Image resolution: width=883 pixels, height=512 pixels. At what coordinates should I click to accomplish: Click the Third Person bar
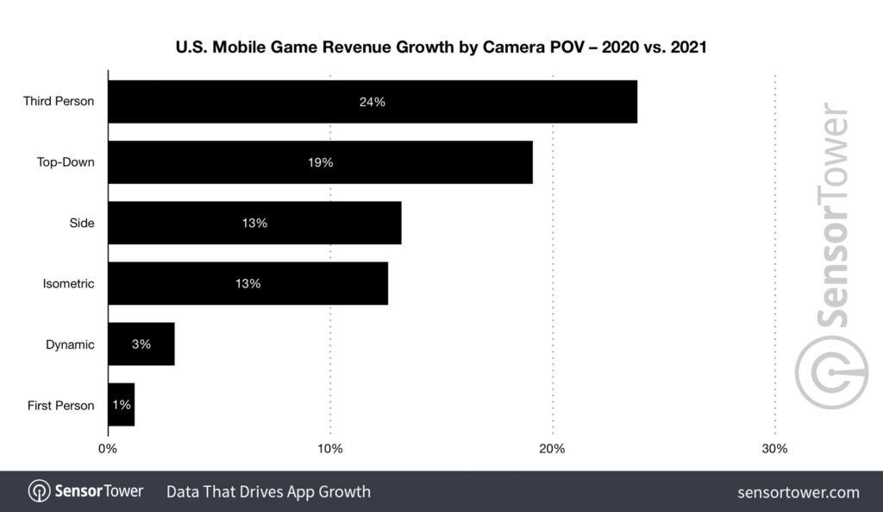372,102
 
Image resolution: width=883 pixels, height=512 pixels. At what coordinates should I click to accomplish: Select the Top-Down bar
320,162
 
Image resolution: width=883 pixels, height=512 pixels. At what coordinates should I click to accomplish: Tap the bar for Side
254,223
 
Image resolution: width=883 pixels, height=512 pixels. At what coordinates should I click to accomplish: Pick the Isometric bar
247,283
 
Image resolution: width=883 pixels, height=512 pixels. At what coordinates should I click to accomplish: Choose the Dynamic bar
141,344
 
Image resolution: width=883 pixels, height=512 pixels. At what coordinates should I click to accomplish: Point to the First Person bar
121,405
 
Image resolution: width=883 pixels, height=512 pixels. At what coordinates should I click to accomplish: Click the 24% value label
372,102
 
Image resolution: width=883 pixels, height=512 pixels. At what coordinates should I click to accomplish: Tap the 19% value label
320,162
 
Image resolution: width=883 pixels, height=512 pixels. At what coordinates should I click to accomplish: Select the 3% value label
141,344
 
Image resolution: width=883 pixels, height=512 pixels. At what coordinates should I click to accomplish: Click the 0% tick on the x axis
108,449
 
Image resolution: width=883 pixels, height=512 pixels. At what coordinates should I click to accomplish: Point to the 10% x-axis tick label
330,449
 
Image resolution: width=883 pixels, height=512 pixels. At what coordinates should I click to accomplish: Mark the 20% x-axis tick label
552,449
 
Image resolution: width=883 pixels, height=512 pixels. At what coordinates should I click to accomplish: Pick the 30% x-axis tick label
774,449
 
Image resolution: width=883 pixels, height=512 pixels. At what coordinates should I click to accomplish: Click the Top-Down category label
66,162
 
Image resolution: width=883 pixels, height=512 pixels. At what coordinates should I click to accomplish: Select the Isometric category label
68,283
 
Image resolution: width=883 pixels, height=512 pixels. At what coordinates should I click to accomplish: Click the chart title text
441,48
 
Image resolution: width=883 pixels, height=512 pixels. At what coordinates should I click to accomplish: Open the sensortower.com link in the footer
798,492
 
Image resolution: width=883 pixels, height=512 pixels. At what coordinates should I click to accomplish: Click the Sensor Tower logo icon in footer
39,491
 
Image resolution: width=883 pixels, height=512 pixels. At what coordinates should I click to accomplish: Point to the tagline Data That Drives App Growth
268,492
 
